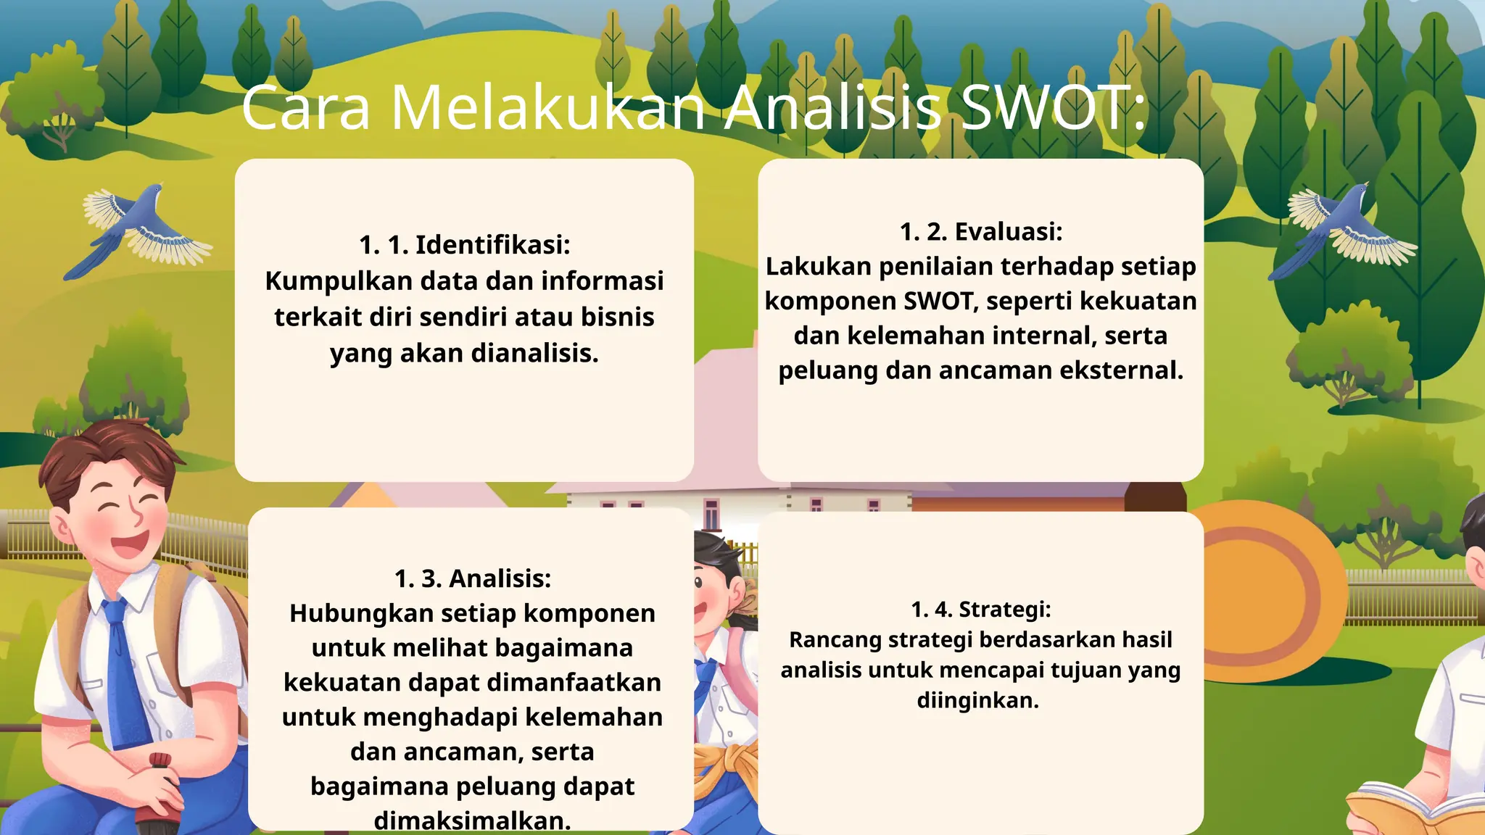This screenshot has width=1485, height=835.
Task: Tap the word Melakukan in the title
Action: click(x=548, y=109)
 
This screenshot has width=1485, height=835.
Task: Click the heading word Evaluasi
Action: click(x=1008, y=232)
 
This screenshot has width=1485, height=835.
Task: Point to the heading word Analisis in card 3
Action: click(x=500, y=578)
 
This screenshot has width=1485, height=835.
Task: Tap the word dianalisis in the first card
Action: click(x=535, y=353)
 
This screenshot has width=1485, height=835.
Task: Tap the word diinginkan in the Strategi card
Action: click(x=977, y=701)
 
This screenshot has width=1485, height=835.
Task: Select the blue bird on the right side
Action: click(x=1341, y=228)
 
